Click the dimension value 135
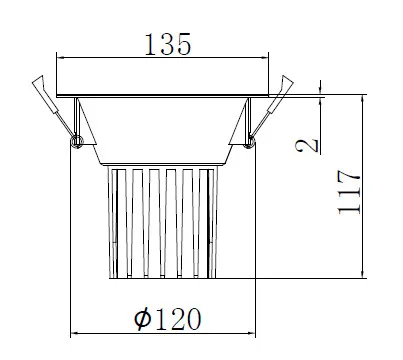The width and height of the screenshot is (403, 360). pyautogui.click(x=167, y=44)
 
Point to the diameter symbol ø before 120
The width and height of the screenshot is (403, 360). pyautogui.click(x=143, y=319)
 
